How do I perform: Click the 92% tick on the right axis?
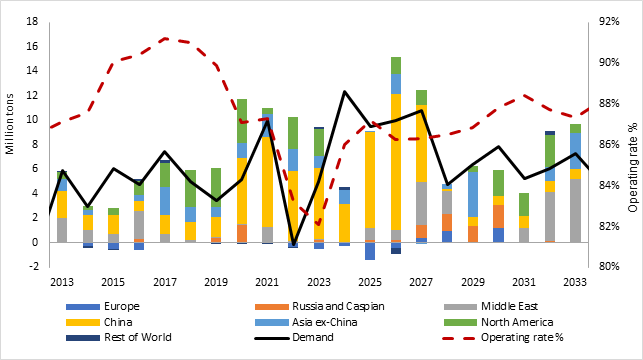[609, 21]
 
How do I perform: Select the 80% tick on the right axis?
[609, 267]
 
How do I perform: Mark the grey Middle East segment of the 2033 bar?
[575, 210]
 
